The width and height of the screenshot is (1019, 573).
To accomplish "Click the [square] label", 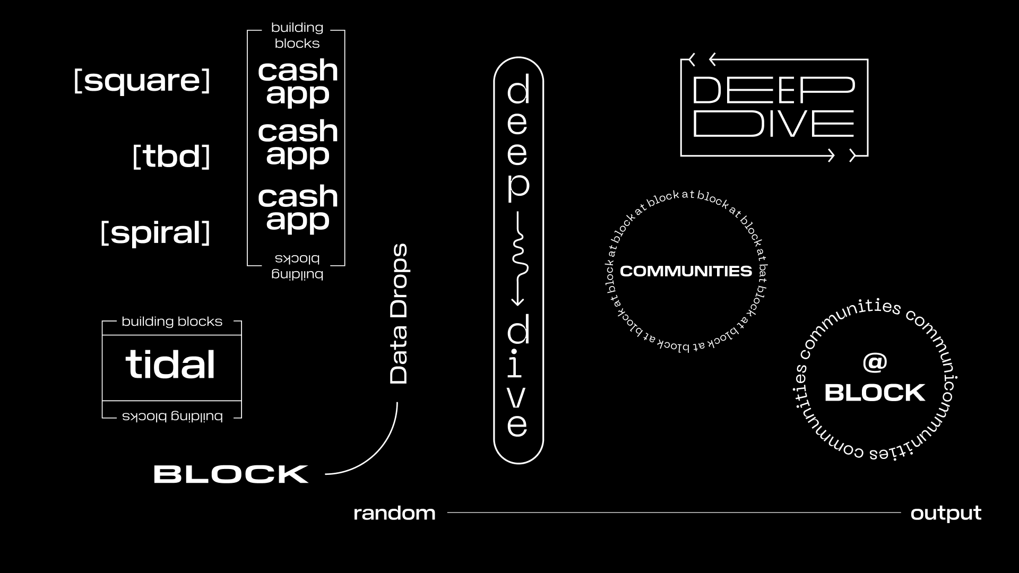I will coord(142,81).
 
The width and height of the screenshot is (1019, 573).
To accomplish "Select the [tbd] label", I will coord(171,157).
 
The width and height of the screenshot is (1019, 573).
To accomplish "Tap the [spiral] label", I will coord(155,232).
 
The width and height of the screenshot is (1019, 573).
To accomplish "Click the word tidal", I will coord(170,365).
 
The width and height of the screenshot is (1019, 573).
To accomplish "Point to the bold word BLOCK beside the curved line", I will coord(231,474).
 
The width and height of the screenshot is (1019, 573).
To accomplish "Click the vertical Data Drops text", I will coord(399,314).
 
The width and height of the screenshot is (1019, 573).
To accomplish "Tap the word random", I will coord(394,513).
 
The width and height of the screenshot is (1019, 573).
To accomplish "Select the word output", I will coord(946,513).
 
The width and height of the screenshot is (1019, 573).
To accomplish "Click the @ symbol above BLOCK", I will coord(875,362).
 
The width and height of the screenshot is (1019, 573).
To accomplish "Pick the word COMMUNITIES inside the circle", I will coord(686,271).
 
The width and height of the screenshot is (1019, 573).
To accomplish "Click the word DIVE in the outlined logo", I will coord(773,124).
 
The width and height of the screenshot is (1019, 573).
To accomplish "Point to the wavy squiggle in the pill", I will coord(519,255).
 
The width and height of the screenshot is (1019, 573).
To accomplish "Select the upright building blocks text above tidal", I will coord(171,322).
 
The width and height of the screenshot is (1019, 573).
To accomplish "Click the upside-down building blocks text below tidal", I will coord(172,416).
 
